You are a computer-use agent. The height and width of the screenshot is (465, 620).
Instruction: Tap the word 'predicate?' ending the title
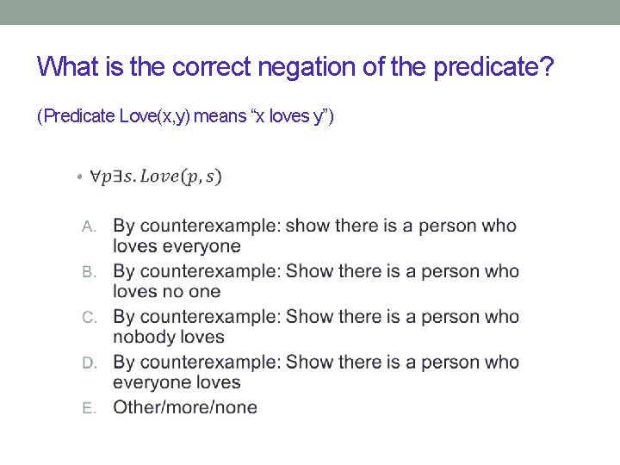pyautogui.click(x=493, y=66)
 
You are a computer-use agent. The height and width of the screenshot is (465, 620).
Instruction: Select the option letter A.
pyautogui.click(x=88, y=226)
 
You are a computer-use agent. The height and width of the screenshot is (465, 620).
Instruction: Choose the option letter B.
pyautogui.click(x=88, y=272)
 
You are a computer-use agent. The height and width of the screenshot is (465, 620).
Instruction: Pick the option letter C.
pyautogui.click(x=88, y=317)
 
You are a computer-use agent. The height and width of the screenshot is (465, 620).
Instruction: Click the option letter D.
pyautogui.click(x=88, y=363)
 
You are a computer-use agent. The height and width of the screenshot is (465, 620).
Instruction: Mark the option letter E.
pyautogui.click(x=88, y=408)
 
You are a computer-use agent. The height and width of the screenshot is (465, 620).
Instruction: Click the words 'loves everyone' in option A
pyautogui.click(x=177, y=246)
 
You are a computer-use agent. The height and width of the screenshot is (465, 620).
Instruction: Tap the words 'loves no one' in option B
pyautogui.click(x=166, y=292)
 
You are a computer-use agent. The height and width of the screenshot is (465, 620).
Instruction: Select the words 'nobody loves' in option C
pyautogui.click(x=168, y=337)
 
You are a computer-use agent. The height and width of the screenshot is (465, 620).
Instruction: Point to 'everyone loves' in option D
pyautogui.click(x=177, y=382)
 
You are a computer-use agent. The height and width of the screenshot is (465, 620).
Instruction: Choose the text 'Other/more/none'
pyautogui.click(x=185, y=407)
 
